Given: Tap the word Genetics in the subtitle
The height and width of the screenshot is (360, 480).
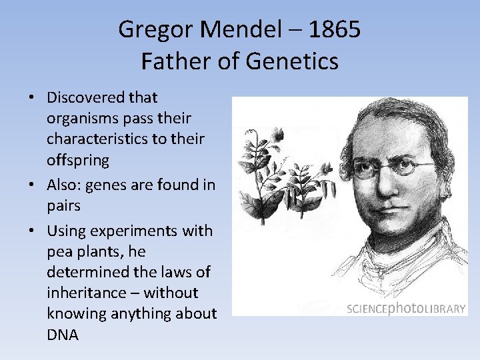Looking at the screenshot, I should pos(292,61).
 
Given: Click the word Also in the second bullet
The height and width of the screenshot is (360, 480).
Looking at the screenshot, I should pos(62,185).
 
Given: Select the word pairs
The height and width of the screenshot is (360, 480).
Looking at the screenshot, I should pos(63,206).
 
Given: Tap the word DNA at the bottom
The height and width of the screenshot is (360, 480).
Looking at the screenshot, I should pos(63,335).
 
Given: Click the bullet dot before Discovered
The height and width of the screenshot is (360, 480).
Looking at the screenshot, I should pos(32,98).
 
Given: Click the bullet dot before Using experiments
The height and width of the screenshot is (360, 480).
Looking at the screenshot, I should pos(32,231).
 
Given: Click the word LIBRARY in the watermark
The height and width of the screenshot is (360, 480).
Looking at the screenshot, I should pos(445,309).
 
